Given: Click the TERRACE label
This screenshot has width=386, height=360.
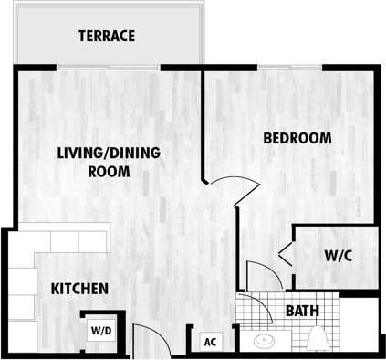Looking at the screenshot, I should click(x=107, y=37).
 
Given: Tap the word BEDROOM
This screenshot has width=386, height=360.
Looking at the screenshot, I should click(x=297, y=139).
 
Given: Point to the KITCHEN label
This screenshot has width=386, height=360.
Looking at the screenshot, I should click(x=79, y=289).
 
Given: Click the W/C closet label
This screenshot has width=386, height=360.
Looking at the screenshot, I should click(x=338, y=256).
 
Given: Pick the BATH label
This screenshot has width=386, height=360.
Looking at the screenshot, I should click(x=302, y=311).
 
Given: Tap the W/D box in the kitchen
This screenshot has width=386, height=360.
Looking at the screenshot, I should click(x=100, y=331).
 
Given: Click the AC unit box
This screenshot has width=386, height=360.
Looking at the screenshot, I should click(x=210, y=342).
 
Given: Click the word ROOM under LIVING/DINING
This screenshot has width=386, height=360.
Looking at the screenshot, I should click(x=107, y=171).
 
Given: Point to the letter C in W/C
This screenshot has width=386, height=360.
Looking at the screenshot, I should click(x=347, y=256).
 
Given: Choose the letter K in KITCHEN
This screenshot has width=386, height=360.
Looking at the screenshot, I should click(x=55, y=289).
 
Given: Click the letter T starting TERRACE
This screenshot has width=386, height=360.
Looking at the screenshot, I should click(x=82, y=37).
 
